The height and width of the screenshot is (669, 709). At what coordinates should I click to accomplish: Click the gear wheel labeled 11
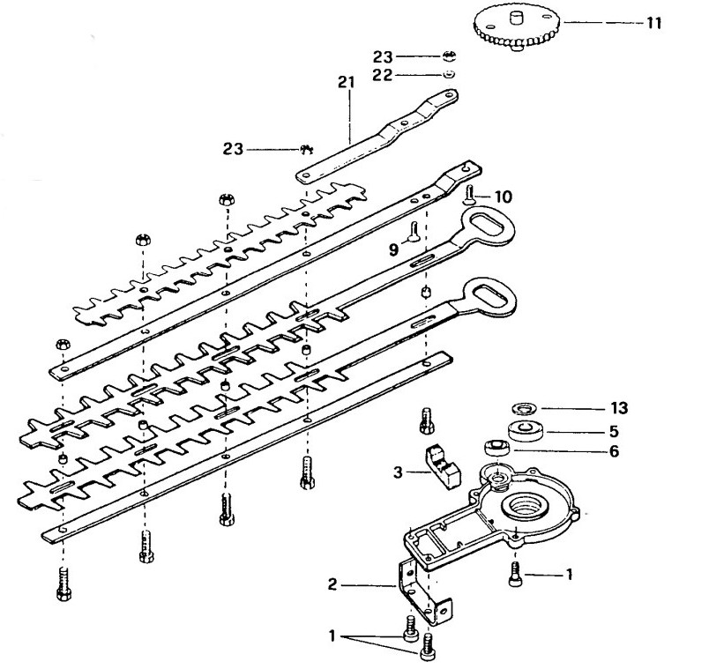(518, 27)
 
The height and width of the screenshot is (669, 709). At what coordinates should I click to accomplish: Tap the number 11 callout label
(653, 23)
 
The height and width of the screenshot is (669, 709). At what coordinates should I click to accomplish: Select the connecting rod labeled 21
(377, 136)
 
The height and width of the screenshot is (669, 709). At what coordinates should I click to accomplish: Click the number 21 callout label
(347, 82)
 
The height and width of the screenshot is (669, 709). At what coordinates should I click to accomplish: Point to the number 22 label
(382, 75)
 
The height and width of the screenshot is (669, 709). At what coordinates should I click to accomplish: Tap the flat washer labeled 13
(524, 408)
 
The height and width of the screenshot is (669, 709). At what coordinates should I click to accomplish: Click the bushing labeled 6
(497, 448)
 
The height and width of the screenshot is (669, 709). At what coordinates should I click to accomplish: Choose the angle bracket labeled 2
(424, 590)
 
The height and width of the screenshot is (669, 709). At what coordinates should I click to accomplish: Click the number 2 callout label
(332, 584)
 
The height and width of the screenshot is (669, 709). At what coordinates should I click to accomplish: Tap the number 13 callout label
(619, 408)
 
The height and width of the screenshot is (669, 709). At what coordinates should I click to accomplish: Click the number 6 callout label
(614, 451)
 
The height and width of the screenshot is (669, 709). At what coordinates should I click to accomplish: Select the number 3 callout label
(398, 472)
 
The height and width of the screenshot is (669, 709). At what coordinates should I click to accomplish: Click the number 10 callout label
(503, 197)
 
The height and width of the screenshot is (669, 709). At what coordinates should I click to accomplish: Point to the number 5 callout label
(614, 431)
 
